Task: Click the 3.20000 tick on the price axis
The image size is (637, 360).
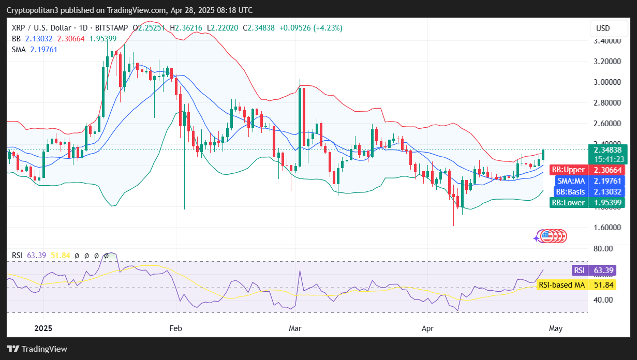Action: pyautogui.click(x=606, y=61)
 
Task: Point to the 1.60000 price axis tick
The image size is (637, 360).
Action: pyautogui.click(x=606, y=227)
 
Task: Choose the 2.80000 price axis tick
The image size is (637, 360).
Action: pyautogui.click(x=606, y=102)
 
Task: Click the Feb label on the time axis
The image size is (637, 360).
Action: pyautogui.click(x=176, y=328)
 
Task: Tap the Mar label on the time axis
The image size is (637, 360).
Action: pyautogui.click(x=295, y=328)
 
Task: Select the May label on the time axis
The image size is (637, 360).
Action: pyautogui.click(x=555, y=328)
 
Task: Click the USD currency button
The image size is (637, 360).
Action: pyautogui.click(x=603, y=28)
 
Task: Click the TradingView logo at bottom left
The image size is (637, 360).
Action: pyautogui.click(x=37, y=349)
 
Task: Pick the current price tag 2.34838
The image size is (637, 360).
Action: pyautogui.click(x=608, y=149)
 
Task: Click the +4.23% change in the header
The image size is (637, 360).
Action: pyautogui.click(x=327, y=28)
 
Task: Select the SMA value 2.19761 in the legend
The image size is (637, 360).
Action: pyautogui.click(x=43, y=49)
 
